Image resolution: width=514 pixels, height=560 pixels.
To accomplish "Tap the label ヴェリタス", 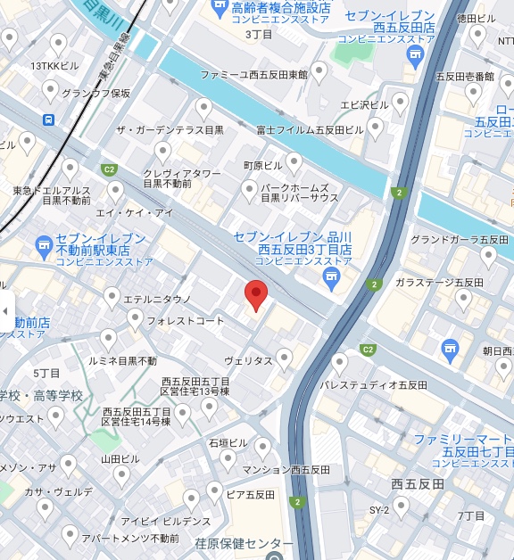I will pos(248,360).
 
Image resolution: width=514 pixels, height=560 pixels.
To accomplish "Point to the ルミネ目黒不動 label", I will pos(122,361).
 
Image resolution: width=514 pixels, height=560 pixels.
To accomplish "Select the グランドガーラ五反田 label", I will pos(446,239).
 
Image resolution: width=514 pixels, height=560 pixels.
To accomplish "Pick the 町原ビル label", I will pos(262,166).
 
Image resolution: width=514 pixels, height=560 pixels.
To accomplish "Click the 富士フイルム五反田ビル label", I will pos(310,129).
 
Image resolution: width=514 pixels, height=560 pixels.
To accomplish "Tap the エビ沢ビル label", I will pos(364,105).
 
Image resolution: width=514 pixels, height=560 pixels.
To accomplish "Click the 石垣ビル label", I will pos(228,442).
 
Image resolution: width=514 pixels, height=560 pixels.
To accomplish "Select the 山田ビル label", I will pos(120,458).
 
